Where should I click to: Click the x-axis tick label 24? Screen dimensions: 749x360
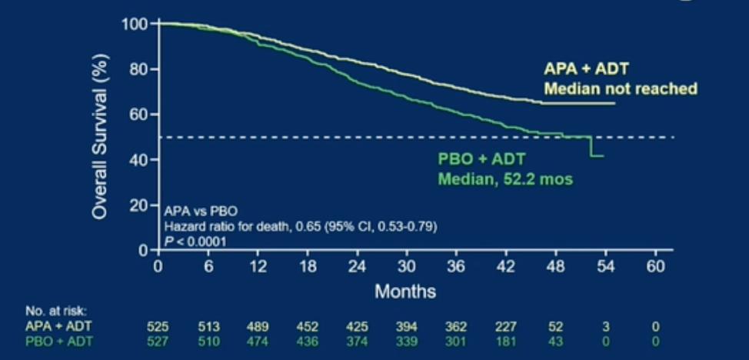pos(357,267)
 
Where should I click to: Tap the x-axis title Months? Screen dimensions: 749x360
pos(405,291)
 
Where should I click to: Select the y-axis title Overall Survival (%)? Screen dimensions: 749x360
pos(100,136)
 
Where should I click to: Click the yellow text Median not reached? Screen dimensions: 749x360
pos(621,88)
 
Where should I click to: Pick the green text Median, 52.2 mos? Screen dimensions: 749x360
pos(505,179)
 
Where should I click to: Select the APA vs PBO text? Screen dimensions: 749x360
pos(198,211)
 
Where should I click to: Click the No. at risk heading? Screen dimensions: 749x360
pos(56,312)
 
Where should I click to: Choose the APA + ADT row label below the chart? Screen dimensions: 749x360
pos(58,327)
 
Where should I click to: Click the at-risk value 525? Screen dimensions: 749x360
pos(158,327)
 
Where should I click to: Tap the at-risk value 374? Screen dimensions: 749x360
pos(358,342)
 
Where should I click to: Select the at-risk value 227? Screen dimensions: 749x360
pos(506,327)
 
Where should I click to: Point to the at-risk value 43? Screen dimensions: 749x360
pos(556,342)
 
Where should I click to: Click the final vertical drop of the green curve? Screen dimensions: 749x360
pos(591,146)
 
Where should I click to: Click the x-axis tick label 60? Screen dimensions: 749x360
pos(656,267)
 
